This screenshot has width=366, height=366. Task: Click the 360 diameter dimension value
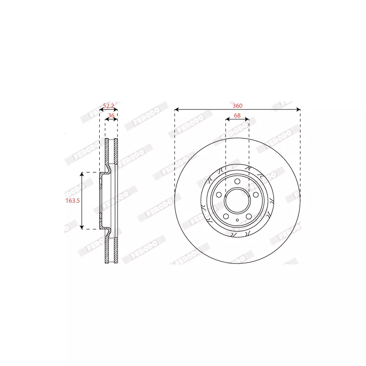[x=237, y=106]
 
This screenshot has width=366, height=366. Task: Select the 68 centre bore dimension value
[x=237, y=116]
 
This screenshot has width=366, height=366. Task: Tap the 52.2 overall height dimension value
[x=108, y=106]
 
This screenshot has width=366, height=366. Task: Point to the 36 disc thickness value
[x=111, y=116]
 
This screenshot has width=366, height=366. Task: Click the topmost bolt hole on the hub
[x=237, y=183]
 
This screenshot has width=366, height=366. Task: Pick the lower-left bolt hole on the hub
[x=226, y=216]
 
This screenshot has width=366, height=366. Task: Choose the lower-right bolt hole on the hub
[x=248, y=216]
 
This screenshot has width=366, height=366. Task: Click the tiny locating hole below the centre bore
[x=237, y=221]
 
